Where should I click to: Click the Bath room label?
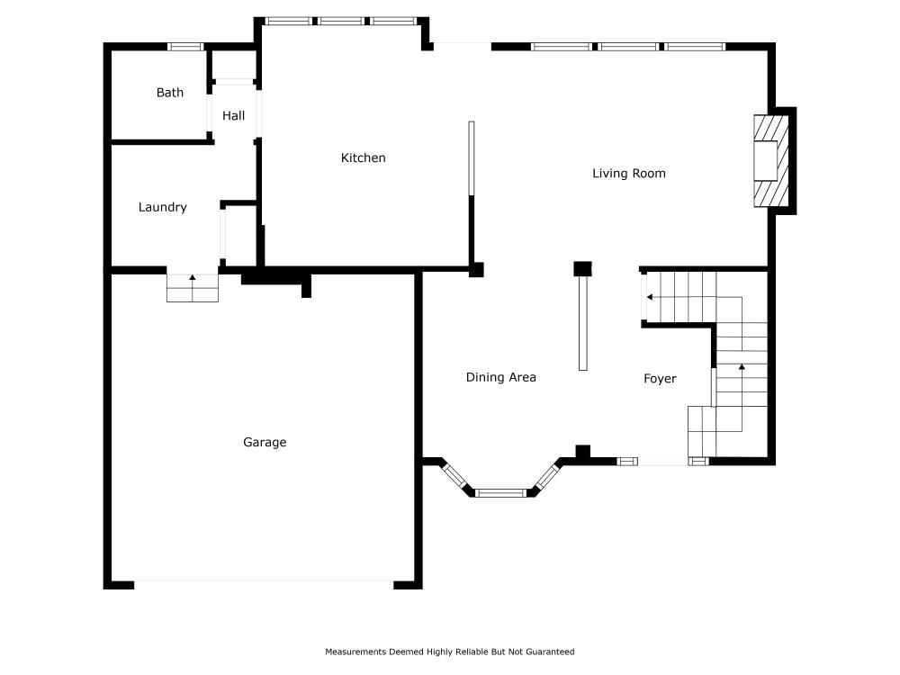(170, 93)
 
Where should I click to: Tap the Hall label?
(234, 115)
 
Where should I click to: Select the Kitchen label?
(364, 157)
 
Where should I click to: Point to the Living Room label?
(629, 174)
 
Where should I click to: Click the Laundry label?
(162, 207)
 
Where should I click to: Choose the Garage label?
(265, 442)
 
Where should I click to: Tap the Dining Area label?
(501, 377)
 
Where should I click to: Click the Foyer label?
(660, 379)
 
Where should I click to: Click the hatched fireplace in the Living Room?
(771, 161)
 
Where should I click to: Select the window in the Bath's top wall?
(185, 47)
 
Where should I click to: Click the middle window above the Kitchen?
(341, 22)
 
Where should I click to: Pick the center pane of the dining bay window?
(500, 492)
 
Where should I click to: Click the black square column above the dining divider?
(582, 268)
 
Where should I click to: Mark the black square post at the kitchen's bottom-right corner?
(476, 270)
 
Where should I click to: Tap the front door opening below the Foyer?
(662, 461)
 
